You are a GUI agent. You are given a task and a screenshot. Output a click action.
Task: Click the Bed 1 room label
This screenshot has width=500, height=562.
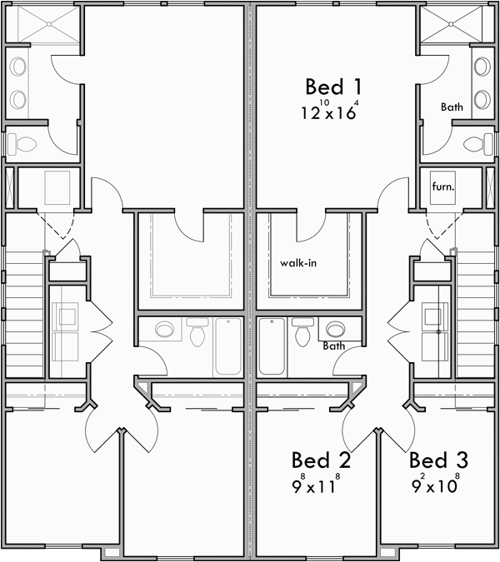[x=333, y=87]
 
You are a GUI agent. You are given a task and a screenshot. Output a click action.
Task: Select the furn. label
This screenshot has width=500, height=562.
[x=442, y=187]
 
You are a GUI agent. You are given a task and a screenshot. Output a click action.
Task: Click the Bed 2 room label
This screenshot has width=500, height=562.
[x=321, y=460]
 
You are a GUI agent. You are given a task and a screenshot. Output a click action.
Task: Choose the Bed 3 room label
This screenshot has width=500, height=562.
[x=438, y=460]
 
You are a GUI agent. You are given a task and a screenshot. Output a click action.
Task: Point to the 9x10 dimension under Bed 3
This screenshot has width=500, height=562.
[x=433, y=485]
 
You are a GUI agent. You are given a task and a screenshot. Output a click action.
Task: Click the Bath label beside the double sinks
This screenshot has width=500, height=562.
[x=452, y=107]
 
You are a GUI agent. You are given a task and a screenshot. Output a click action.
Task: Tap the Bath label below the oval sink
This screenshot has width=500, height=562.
[x=334, y=346]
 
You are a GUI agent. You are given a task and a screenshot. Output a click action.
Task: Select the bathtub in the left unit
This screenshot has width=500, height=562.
[x=227, y=347]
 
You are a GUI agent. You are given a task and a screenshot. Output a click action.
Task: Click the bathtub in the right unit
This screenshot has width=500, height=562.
[x=272, y=347]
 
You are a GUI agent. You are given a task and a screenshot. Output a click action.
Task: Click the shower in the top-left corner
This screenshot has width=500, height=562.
[x=43, y=24]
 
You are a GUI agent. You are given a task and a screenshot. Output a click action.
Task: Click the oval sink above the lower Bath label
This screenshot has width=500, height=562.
[x=335, y=330]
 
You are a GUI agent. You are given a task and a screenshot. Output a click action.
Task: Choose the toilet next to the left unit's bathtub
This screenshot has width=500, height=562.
[x=197, y=333]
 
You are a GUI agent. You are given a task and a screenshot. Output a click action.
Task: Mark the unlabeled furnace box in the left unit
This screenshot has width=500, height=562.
[x=57, y=187]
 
